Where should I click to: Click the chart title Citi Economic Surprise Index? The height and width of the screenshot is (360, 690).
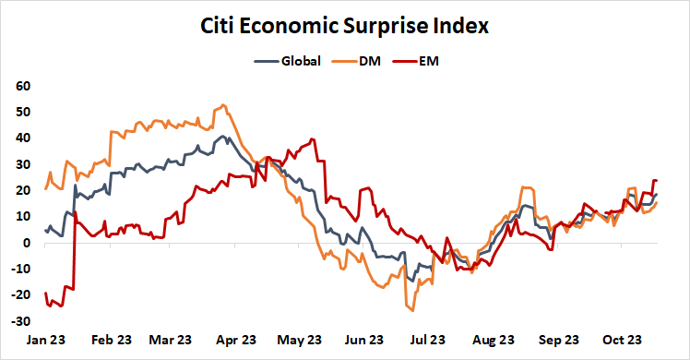pyautogui.click(x=345, y=28)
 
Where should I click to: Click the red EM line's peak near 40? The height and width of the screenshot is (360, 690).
pyautogui.click(x=314, y=139)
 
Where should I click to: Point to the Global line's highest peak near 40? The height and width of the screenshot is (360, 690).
pyautogui.click(x=222, y=137)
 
